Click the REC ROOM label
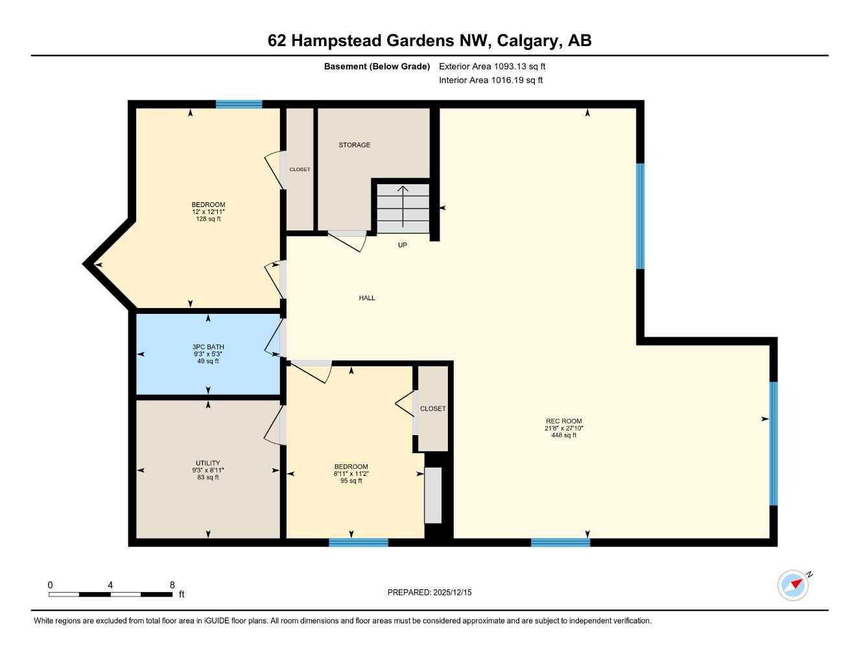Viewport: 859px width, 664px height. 563,421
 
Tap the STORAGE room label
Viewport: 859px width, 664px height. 354,145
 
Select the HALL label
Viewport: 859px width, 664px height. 367,298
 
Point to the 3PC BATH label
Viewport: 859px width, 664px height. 208,347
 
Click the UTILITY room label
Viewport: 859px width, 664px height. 208,463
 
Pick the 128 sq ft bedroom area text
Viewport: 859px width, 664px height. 208,219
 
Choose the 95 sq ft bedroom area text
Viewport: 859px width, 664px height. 351,481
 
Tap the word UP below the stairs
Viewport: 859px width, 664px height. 403,245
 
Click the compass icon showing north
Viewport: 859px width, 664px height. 794,585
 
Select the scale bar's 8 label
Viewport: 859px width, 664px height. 172,585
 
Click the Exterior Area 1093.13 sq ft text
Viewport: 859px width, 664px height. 492,66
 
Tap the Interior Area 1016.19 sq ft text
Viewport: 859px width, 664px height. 491,80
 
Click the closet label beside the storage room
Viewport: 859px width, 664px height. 300,169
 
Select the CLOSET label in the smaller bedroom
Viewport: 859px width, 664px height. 432,409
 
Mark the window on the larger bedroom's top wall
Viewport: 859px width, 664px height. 239,104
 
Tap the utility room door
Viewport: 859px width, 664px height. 274,425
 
